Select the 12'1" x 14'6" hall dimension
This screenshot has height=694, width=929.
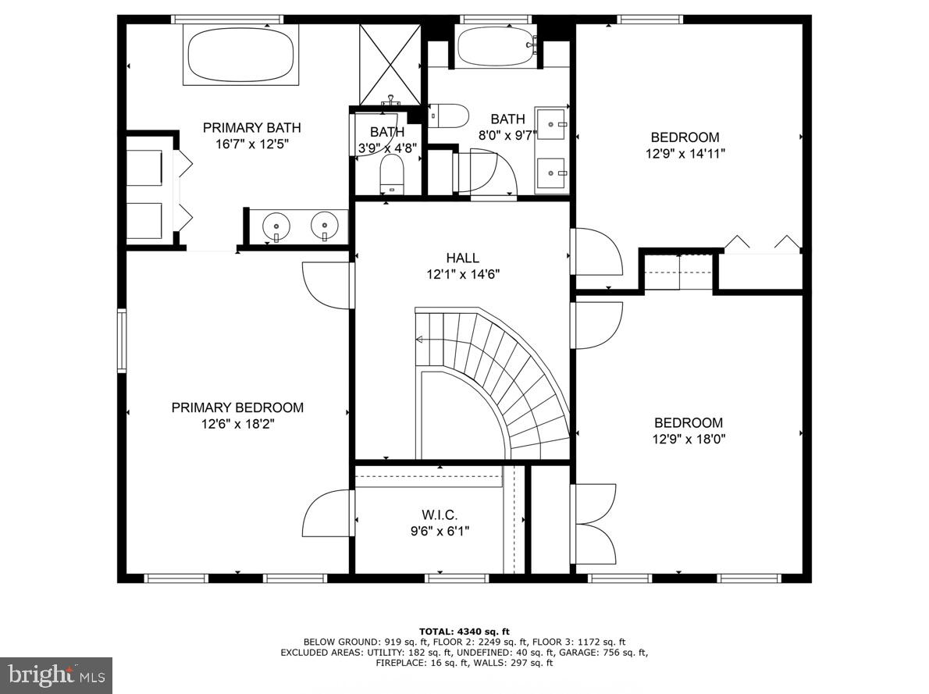point(462,274)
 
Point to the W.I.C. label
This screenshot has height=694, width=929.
point(440,515)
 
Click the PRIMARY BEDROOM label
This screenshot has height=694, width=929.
point(237,408)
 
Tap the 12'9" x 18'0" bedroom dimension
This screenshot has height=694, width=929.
point(689,439)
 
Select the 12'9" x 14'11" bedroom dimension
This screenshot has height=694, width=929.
point(685,154)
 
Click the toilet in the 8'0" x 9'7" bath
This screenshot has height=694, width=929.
point(448,116)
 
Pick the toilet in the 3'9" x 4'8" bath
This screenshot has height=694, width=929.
point(391,172)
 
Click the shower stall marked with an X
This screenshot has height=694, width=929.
point(390,62)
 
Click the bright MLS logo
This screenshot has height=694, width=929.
point(55,675)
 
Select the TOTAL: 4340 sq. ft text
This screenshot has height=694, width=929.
point(464,631)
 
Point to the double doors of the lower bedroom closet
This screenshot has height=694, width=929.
point(595,524)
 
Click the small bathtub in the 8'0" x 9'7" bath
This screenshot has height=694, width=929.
point(495,47)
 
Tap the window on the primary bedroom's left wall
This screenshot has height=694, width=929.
point(122,340)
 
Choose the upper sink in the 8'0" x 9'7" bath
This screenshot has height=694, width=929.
point(553,123)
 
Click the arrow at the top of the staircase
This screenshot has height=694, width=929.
point(420,340)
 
